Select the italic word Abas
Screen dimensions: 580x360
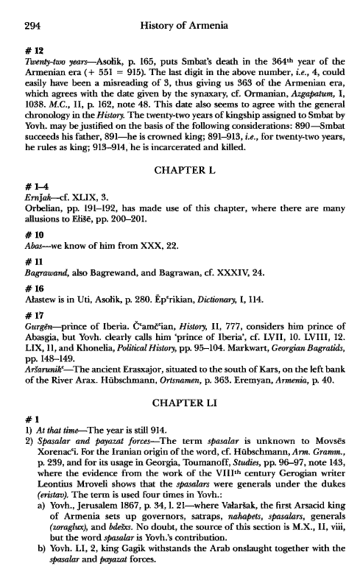28,249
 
